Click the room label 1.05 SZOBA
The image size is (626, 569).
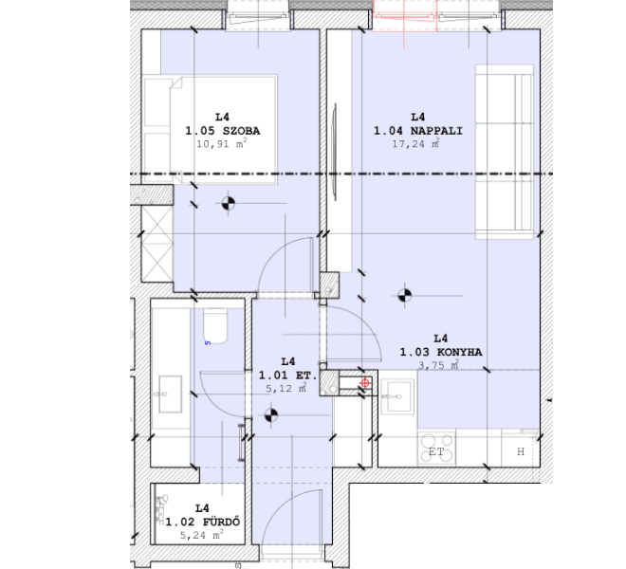click(222, 131)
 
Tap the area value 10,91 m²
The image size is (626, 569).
click(222, 145)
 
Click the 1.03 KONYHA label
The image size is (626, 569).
click(440, 352)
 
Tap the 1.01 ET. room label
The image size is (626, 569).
click(286, 375)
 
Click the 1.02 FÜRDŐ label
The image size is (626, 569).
click(202, 522)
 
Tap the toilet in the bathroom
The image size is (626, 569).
click(215, 326)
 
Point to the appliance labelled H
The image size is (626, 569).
click(520, 451)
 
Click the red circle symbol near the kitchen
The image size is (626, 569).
click(365, 383)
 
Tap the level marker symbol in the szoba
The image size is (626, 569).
click(228, 202)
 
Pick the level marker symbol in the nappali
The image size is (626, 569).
click(405, 295)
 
